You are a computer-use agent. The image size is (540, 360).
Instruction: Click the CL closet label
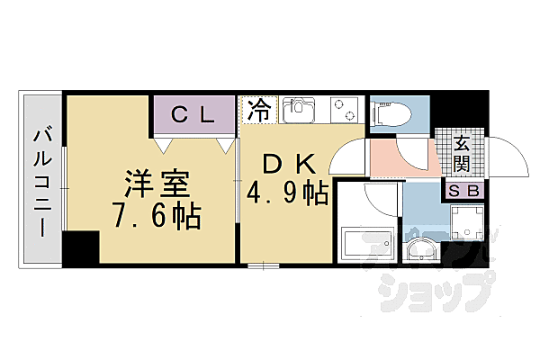(x=193, y=114)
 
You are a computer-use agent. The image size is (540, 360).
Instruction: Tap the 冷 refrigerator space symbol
(x=259, y=110)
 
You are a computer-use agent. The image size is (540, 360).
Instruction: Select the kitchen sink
(x=299, y=110)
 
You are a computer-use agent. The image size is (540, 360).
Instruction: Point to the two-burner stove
(x=344, y=110)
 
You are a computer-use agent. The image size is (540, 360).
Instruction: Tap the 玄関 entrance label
(x=462, y=154)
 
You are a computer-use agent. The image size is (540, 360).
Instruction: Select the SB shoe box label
(x=464, y=191)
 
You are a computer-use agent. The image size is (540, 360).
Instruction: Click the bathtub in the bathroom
(x=367, y=244)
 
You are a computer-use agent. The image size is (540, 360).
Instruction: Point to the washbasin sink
(x=421, y=250)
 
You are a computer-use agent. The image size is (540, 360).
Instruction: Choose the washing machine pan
(x=467, y=222)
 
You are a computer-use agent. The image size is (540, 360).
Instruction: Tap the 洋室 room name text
(x=157, y=184)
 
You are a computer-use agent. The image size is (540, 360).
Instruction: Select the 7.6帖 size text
(x=157, y=216)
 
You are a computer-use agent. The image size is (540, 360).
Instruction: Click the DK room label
(x=289, y=164)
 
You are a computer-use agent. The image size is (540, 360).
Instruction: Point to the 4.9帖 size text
(x=287, y=193)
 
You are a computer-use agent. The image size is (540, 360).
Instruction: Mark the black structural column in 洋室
(x=81, y=247)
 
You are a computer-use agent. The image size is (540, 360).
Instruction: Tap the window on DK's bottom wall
(x=264, y=265)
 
